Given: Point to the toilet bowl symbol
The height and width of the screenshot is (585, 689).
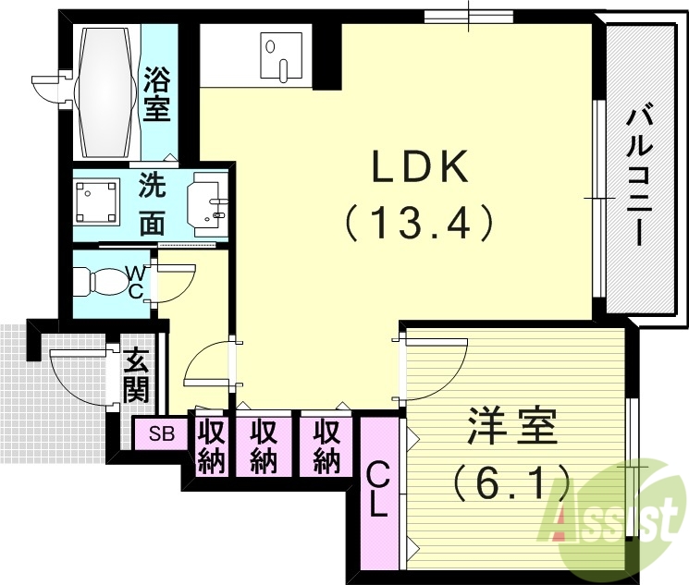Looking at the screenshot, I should click(96, 280).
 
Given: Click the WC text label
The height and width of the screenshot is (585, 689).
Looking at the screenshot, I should click(135, 281).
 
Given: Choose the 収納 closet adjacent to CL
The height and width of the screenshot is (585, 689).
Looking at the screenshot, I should click(325, 445).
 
